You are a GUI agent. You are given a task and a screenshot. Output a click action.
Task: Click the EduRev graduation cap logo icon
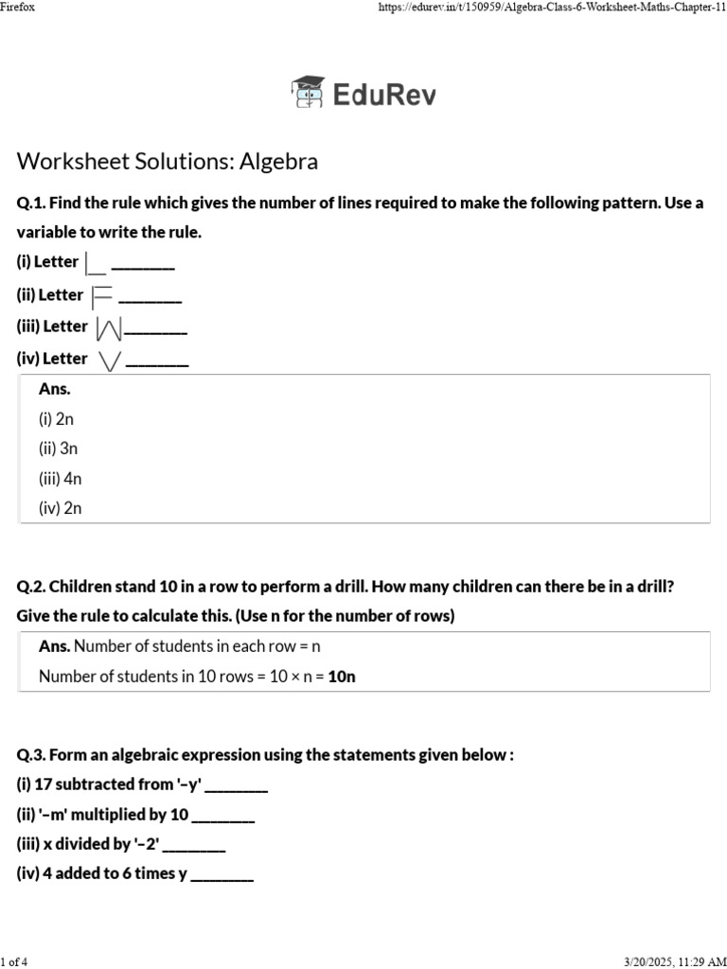[307, 93]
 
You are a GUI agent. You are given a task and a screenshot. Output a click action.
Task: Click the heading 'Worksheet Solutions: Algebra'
[168, 162]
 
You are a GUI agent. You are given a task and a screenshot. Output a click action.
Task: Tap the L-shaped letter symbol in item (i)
[95, 263]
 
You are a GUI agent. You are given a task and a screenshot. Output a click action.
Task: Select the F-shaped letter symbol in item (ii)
[100, 296]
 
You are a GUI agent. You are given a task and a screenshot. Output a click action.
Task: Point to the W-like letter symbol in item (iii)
[109, 328]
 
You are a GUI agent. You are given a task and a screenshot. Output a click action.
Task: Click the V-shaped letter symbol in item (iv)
[110, 360]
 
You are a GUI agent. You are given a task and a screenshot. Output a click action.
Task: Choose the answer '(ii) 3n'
[58, 449]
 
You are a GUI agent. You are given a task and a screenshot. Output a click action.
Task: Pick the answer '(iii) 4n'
[60, 479]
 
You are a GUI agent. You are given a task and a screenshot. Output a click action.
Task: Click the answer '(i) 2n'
[56, 418]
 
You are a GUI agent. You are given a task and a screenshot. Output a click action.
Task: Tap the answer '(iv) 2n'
[60, 508]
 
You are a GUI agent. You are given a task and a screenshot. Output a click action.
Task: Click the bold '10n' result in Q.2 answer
[342, 676]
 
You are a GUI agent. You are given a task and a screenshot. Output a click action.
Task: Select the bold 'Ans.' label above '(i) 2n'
[55, 389]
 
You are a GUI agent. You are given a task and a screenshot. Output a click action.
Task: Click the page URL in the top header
[552, 8]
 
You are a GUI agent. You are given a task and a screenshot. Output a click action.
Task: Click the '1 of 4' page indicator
[14, 961]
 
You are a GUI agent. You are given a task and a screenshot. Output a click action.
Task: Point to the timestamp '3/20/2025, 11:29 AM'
[675, 961]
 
